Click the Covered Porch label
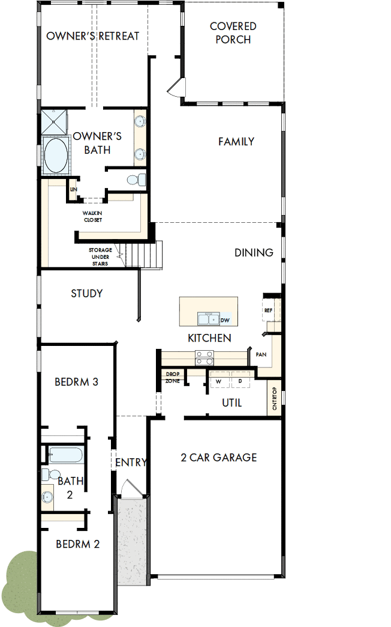tap(233, 33)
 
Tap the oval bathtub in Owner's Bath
tap(55, 156)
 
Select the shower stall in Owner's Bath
tap(55, 122)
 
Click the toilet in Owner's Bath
tap(138, 179)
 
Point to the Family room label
tap(236, 142)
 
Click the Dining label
tap(254, 253)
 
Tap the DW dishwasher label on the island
tap(225, 320)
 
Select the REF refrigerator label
tap(268, 310)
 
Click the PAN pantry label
tap(261, 354)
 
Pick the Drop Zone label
tap(172, 378)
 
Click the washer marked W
tap(219, 381)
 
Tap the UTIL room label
tap(231, 403)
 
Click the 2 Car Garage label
tap(219, 458)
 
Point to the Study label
tap(87, 294)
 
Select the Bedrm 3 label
tap(76, 381)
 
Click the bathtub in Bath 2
tap(65, 455)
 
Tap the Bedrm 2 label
tap(77, 544)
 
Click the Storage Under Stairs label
tap(100, 256)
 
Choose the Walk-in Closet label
tap(92, 216)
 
